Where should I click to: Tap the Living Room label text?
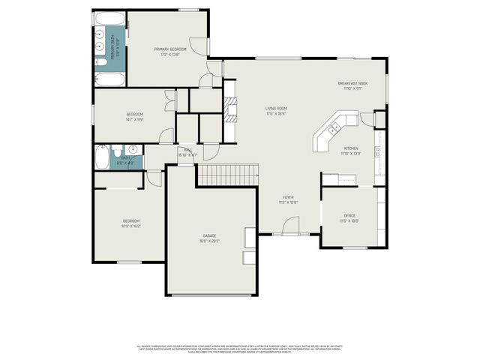(276, 109)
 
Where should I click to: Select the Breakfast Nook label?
(352, 83)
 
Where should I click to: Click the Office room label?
(349, 216)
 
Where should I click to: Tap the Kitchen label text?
(352, 148)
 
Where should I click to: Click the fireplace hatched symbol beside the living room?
(231, 107)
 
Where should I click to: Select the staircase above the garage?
(227, 175)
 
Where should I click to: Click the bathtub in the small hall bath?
(101, 157)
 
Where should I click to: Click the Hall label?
(188, 150)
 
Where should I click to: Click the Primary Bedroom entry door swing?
(197, 45)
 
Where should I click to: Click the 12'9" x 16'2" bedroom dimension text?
(131, 225)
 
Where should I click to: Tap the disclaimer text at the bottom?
(240, 349)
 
